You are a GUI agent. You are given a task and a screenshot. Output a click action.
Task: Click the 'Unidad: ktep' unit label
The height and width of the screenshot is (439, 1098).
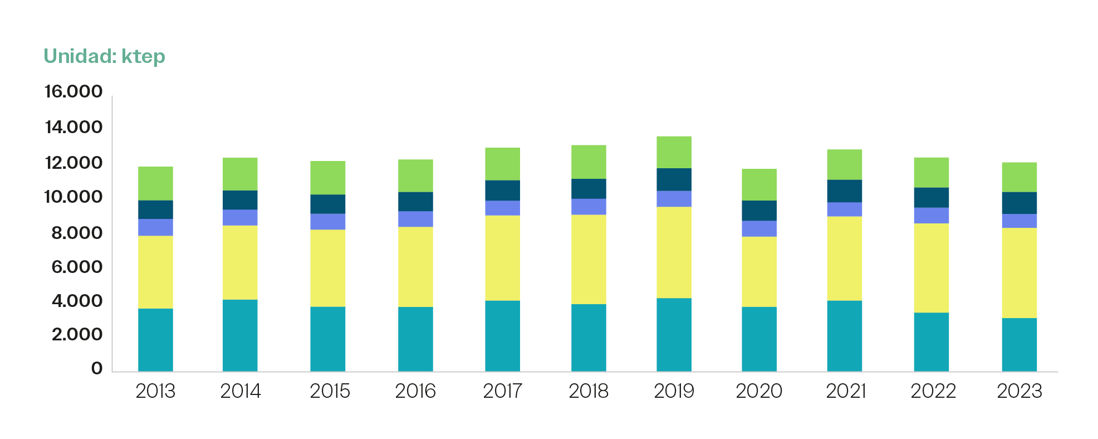(x=104, y=56)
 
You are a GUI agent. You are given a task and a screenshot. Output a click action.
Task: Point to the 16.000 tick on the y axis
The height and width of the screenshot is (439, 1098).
(x=73, y=91)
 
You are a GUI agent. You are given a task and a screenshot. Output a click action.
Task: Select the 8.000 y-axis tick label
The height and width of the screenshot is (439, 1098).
(x=77, y=233)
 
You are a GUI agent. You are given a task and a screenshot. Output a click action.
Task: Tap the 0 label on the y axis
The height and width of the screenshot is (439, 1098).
(x=97, y=368)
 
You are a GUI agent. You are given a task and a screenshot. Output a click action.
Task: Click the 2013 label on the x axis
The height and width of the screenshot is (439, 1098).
(x=155, y=391)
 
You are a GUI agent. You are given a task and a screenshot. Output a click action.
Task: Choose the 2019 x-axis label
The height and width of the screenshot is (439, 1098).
(x=674, y=391)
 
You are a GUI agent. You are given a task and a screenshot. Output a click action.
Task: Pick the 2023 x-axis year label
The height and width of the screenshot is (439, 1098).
(x=1019, y=391)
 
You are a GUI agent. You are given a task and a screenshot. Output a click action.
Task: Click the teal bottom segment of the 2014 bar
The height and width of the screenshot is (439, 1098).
(x=240, y=335)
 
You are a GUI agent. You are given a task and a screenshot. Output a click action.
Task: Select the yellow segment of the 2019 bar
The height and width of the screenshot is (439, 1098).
(x=674, y=252)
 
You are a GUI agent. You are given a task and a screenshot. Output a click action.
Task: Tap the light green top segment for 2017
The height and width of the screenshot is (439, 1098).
(x=502, y=164)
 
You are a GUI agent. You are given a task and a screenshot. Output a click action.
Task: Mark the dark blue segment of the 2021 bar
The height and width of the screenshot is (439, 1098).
(x=844, y=191)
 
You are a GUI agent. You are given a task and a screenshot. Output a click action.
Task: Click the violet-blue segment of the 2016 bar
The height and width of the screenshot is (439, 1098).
(x=415, y=219)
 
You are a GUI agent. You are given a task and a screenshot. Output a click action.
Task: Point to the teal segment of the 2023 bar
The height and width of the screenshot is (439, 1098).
(x=1019, y=344)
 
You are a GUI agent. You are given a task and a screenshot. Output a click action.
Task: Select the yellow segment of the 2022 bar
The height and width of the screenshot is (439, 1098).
(x=931, y=268)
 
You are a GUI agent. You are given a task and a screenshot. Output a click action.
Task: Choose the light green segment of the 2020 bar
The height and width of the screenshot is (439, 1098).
(x=759, y=184)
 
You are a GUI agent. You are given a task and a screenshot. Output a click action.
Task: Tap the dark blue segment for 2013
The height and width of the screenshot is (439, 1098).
(x=155, y=209)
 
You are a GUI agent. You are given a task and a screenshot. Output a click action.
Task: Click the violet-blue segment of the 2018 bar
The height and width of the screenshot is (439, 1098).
(x=589, y=207)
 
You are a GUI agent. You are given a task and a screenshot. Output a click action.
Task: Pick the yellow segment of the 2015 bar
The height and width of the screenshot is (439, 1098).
(x=327, y=268)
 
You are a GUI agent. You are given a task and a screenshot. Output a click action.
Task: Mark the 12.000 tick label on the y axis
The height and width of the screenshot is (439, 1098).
(x=73, y=163)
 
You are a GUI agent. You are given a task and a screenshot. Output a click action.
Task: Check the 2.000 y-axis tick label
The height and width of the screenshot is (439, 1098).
(x=77, y=334)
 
